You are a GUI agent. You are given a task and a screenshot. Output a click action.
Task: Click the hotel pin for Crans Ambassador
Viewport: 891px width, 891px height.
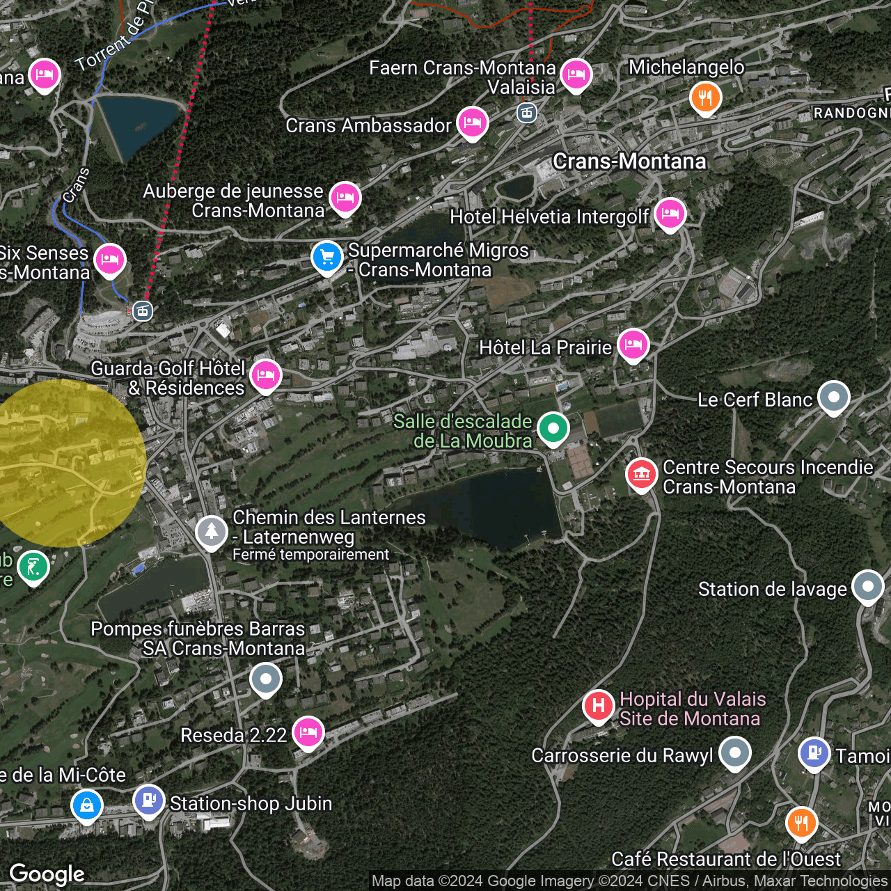[472, 123]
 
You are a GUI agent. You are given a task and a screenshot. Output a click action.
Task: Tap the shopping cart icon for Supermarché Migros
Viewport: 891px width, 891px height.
[326, 258]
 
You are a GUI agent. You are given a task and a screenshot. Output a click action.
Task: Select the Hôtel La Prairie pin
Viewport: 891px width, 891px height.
[633, 345]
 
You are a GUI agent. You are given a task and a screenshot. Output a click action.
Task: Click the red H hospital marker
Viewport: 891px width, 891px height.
[598, 706]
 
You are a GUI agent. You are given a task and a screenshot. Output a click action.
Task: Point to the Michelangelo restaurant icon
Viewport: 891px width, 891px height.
[705, 98]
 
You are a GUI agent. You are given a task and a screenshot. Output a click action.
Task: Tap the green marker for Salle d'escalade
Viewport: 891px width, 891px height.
[553, 428]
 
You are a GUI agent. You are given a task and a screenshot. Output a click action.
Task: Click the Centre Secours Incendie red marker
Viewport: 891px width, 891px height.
[641, 475]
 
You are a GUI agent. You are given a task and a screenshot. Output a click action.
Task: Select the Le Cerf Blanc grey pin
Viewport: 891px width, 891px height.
[833, 397]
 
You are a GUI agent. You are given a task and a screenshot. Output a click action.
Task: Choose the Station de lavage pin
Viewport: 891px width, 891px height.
[867, 587]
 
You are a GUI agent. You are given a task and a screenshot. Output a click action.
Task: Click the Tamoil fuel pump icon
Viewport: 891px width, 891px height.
[814, 753]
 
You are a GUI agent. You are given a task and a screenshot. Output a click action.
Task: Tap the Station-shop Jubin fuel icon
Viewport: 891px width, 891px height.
[148, 801]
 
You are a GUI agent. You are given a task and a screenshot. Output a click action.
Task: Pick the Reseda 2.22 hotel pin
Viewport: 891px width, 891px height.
[308, 732]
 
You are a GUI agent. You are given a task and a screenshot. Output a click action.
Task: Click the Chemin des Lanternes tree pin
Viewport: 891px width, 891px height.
[211, 532]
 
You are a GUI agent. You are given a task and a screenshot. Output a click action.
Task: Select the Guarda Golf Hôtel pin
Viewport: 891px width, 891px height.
[265, 376]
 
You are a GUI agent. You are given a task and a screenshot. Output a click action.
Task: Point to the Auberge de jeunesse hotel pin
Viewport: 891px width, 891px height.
[345, 198]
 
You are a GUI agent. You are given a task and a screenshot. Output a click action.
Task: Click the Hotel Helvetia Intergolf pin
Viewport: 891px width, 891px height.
[670, 214]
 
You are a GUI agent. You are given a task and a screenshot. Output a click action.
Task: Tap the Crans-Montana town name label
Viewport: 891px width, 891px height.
[629, 161]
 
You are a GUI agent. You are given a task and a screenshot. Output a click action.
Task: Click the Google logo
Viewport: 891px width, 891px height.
[47, 874]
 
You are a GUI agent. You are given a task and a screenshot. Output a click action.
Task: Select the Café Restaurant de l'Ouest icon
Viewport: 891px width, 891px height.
[801, 823]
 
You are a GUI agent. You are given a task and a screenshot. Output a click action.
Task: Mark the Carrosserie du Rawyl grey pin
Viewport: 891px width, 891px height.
[734, 753]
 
